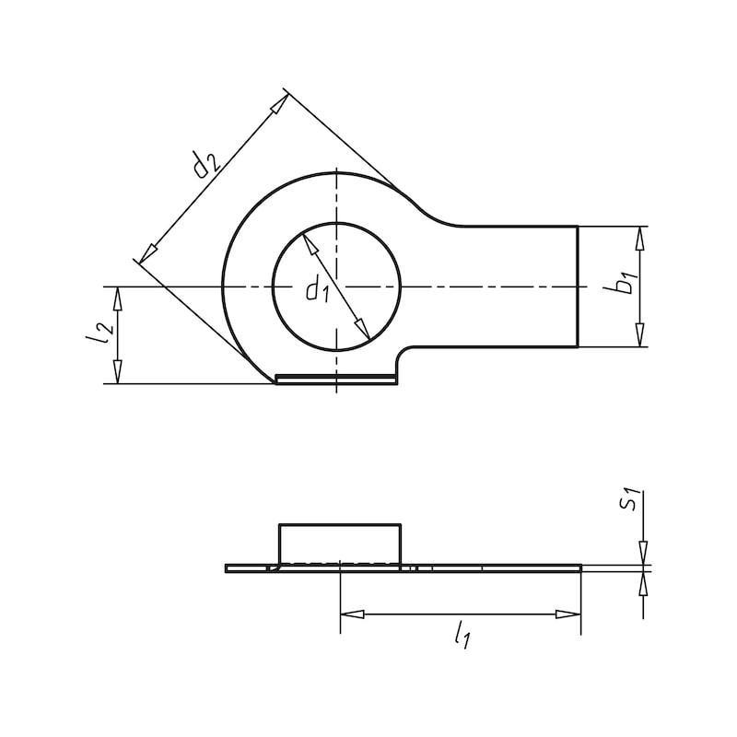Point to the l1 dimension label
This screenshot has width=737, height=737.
(x=463, y=635)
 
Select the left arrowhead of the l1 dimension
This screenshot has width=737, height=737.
(x=352, y=614)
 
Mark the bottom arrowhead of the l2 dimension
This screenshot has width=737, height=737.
(x=117, y=372)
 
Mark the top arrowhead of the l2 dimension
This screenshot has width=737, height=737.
(x=117, y=298)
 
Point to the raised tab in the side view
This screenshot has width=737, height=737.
(x=340, y=543)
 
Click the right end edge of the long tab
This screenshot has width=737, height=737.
(x=578, y=286)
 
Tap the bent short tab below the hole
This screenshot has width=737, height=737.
(x=337, y=379)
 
